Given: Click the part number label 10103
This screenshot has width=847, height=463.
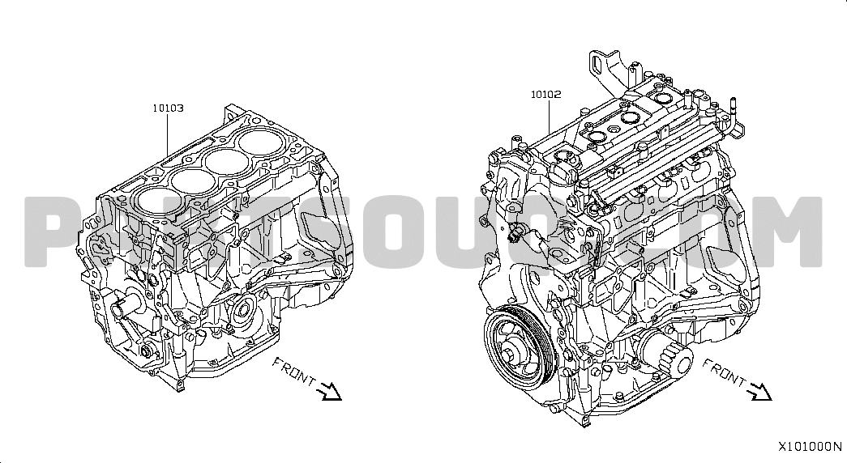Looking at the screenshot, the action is (168, 108).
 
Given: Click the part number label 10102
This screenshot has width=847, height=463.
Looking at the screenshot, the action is (545, 95).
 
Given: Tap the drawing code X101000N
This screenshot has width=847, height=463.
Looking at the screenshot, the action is (810, 447).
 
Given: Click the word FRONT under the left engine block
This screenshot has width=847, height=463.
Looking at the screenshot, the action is (293, 372).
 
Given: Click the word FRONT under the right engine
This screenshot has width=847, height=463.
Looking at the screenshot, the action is (723, 372).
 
